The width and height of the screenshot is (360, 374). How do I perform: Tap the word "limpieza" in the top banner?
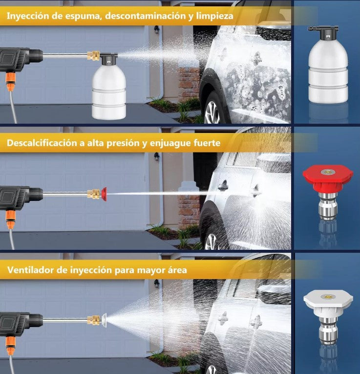click(x=214, y=16)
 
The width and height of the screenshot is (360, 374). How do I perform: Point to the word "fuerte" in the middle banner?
click(x=207, y=143)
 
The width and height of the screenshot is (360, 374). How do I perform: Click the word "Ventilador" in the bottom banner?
click(x=30, y=270)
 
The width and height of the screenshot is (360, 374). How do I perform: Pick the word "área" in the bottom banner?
click(x=177, y=270)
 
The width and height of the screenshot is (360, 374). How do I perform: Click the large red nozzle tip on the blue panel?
click(x=328, y=178)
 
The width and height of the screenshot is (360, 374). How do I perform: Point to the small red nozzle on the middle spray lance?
click(x=104, y=194)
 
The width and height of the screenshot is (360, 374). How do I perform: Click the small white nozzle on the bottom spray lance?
click(x=104, y=320)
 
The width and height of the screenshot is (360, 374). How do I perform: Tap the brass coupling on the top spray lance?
click(x=93, y=56)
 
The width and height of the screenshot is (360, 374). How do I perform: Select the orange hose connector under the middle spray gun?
click(x=10, y=220)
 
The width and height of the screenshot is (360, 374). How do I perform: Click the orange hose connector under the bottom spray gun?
click(x=10, y=346)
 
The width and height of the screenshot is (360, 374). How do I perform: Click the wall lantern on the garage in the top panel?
click(x=156, y=29)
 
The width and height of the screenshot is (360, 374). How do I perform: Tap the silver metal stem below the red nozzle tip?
click(x=328, y=206)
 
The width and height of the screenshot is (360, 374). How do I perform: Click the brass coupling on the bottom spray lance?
click(x=94, y=320)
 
